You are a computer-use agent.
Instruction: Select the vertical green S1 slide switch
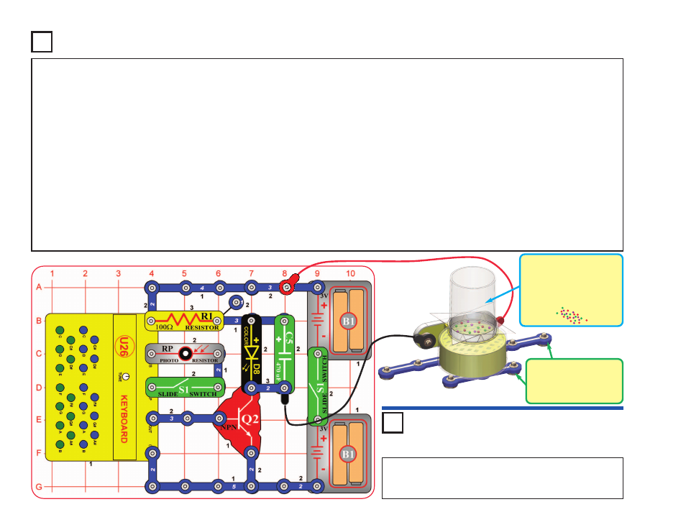[x=318, y=386]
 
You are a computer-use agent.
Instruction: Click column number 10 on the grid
[x=350, y=273]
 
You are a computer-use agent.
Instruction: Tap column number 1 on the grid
[x=52, y=273]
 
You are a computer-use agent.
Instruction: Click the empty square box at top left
[x=42, y=42]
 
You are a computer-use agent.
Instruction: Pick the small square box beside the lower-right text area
[x=392, y=424]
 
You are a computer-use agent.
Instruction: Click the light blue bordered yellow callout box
[x=570, y=289]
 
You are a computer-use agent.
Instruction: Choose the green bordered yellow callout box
[x=574, y=380]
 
